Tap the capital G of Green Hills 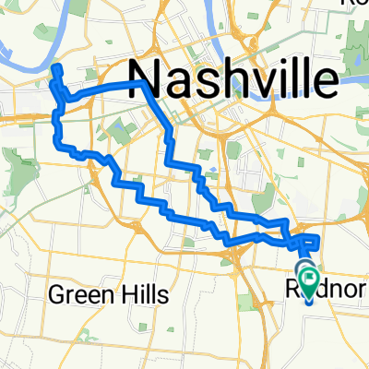click(56, 295)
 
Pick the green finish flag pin click(308, 276)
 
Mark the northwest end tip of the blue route click(54, 68)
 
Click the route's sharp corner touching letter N click(141, 82)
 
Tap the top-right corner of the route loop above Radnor click(319, 238)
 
